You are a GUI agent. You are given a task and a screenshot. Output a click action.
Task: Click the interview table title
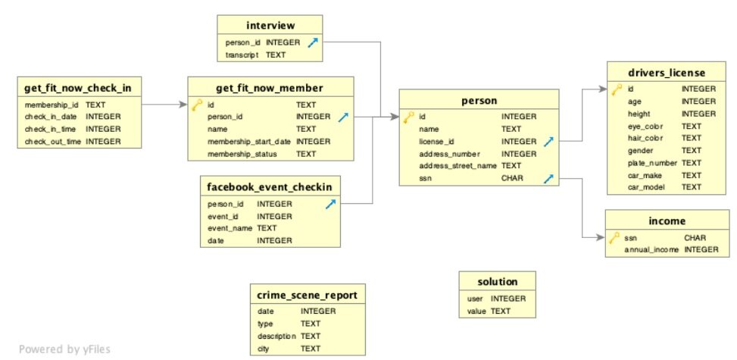click(x=270, y=25)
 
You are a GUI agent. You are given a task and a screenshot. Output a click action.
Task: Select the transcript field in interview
click(x=242, y=55)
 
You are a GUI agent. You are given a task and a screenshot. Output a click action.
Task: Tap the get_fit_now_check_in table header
click(x=78, y=87)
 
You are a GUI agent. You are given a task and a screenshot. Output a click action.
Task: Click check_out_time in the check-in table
click(x=53, y=141)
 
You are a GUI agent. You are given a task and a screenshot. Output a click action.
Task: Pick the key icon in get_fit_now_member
click(x=197, y=105)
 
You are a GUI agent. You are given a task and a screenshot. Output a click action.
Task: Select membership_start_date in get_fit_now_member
click(x=249, y=141)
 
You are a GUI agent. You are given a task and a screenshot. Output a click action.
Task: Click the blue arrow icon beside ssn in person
click(x=548, y=178)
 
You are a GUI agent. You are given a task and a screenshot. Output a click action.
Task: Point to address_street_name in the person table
click(x=458, y=166)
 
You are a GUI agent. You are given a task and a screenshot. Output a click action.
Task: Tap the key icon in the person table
click(x=408, y=117)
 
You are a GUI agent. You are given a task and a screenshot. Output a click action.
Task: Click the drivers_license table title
click(x=667, y=73)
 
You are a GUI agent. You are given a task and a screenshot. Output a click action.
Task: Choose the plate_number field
click(x=652, y=163)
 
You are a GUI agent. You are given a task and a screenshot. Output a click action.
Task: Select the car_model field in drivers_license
click(x=645, y=187)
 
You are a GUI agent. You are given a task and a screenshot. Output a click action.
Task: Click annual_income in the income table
click(x=651, y=250)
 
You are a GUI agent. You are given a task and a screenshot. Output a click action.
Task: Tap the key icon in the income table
click(x=614, y=238)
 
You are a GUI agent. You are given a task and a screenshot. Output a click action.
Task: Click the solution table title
click(x=498, y=282)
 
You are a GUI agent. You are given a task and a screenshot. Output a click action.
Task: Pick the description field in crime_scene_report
click(x=276, y=336)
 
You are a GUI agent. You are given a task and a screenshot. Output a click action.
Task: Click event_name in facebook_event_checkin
click(x=230, y=228)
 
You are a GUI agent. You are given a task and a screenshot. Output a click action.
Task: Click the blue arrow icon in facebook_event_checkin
click(x=331, y=204)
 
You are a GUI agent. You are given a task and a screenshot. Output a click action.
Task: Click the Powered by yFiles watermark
click(x=65, y=349)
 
